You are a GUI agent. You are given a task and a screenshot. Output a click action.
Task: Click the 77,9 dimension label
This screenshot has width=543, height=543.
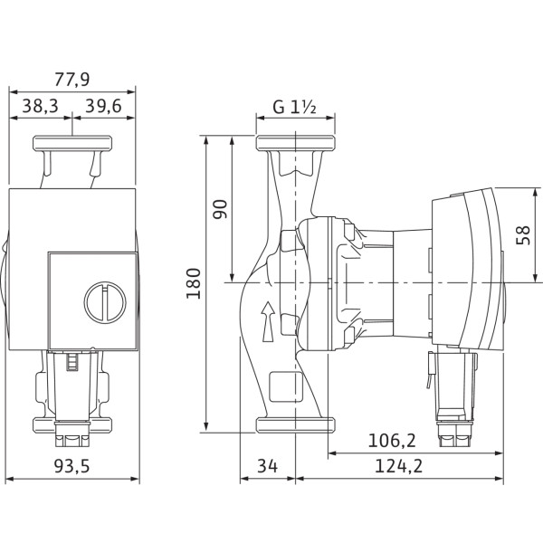click(x=72, y=80)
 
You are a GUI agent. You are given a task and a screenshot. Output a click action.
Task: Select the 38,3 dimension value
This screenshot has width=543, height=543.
click(x=41, y=106)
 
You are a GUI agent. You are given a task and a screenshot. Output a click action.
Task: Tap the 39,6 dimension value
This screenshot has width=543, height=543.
click(x=103, y=106)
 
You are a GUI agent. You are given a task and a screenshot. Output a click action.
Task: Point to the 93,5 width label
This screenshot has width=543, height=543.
click(x=72, y=466)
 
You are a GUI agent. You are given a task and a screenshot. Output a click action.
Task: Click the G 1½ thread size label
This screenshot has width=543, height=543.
click(x=294, y=107)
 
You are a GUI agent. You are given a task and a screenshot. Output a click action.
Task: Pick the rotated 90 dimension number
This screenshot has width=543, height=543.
click(x=220, y=209)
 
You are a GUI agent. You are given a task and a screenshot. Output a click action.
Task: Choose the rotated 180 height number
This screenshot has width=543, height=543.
click(x=194, y=283)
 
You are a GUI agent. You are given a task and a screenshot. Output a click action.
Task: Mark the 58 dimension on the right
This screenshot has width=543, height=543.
click(x=523, y=235)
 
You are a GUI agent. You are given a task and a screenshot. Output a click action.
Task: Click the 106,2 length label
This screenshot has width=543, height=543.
click(x=392, y=441)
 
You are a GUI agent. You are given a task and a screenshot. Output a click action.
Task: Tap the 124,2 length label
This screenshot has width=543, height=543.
click(x=399, y=466)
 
